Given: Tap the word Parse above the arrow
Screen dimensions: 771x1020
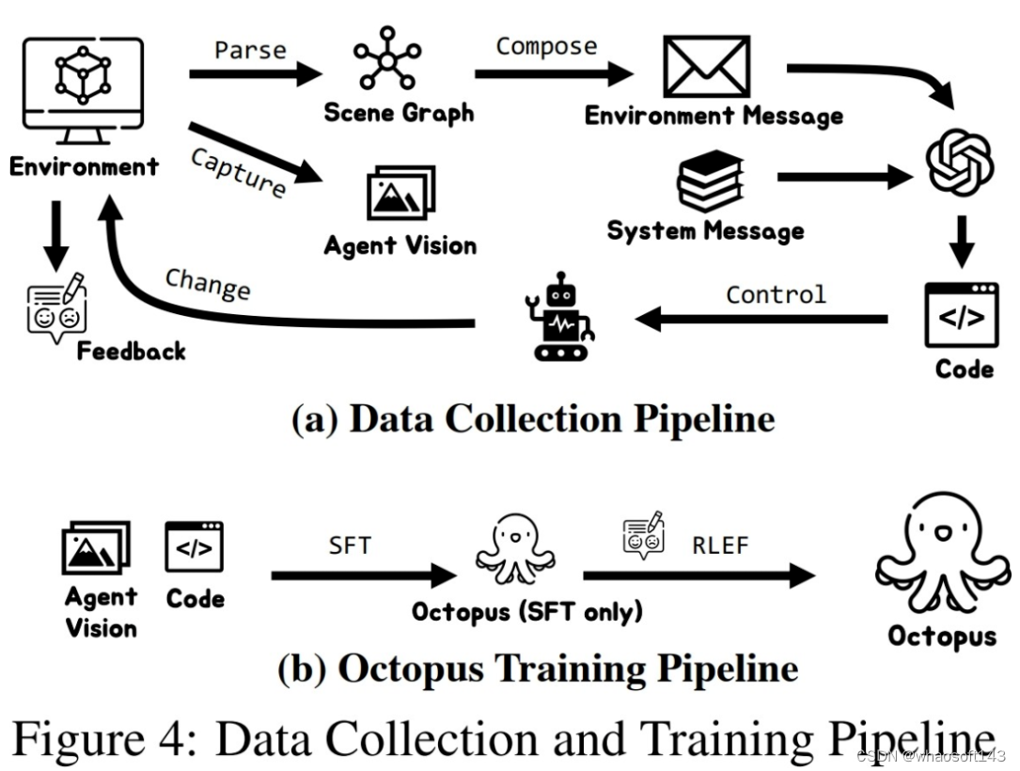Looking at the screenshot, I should [x=250, y=49].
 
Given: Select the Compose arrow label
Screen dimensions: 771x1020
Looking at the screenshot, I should [x=546, y=46].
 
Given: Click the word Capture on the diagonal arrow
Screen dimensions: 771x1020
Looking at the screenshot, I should [x=239, y=172].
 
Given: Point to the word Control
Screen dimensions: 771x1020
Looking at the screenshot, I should [x=776, y=294].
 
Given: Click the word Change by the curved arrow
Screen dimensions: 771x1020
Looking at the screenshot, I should [x=208, y=283].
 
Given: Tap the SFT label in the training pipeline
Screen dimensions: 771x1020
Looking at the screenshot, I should [x=350, y=545].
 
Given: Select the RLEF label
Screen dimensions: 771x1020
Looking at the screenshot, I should [x=720, y=545].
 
